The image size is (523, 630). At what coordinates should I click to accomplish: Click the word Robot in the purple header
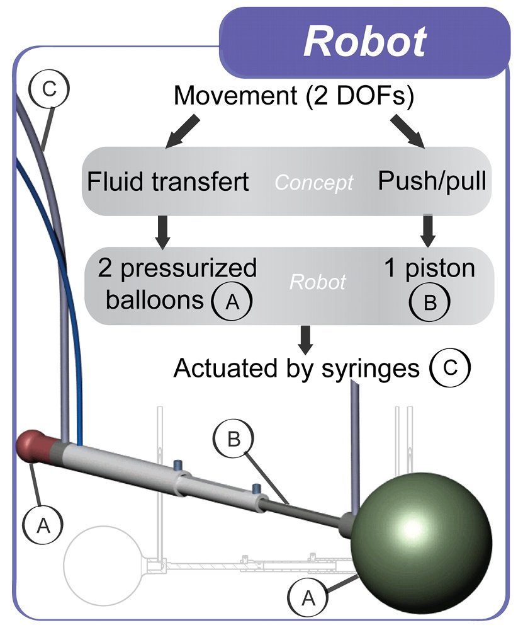365,42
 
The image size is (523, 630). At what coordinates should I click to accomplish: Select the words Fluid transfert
168,181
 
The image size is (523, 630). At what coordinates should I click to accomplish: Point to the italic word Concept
314,183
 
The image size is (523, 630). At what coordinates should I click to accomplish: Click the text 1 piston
429,269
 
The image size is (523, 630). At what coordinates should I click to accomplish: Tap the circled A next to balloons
232,301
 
